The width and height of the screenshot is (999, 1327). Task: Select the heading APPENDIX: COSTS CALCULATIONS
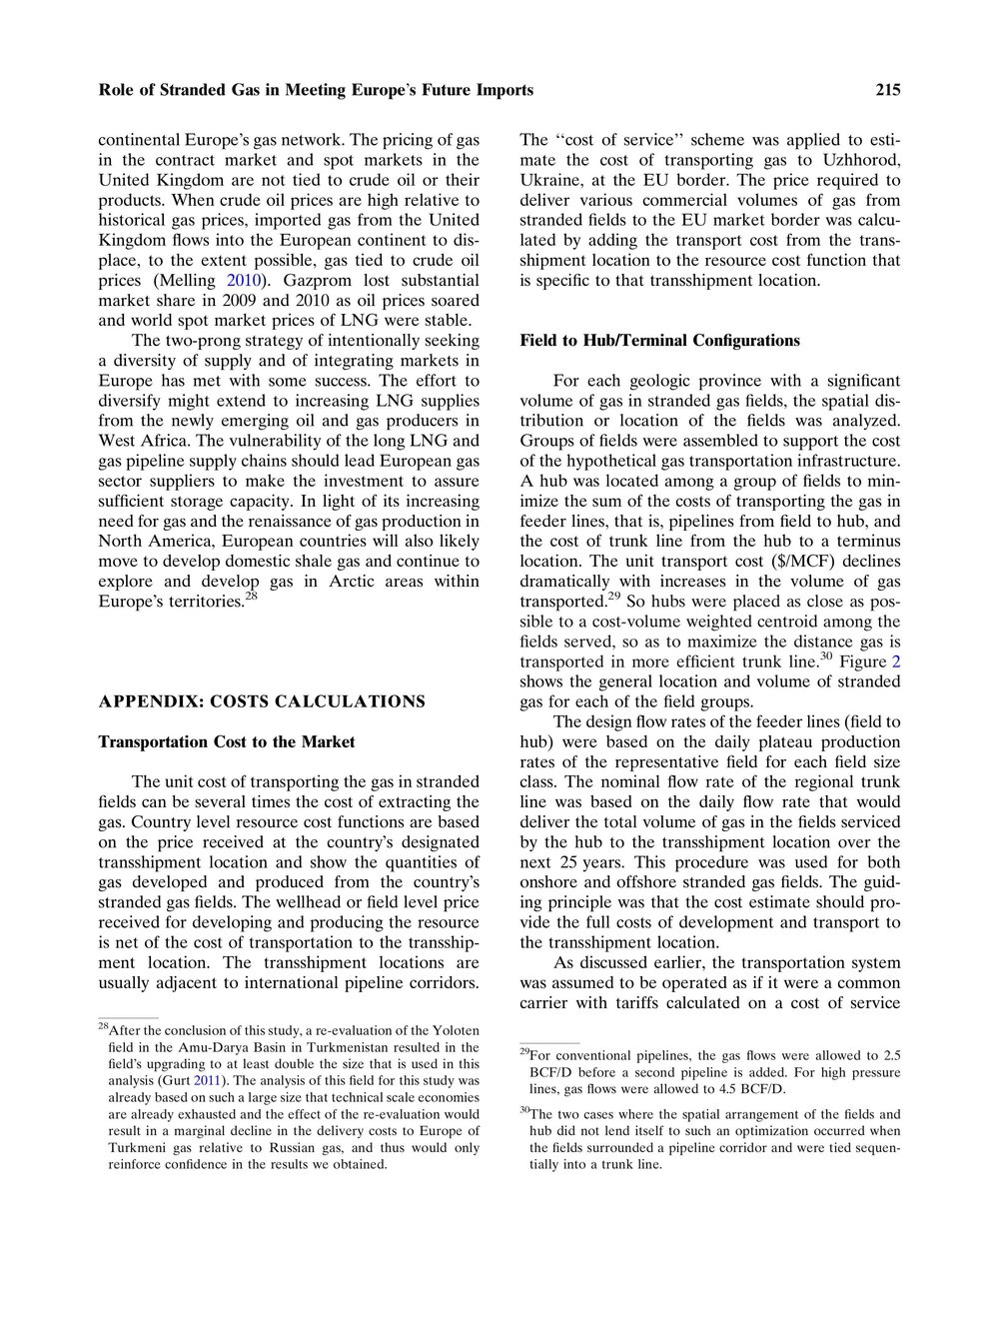(261, 701)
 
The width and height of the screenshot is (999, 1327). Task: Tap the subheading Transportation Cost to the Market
(226, 742)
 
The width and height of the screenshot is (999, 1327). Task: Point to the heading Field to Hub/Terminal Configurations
(659, 341)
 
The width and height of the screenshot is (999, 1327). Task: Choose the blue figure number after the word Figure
(895, 662)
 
